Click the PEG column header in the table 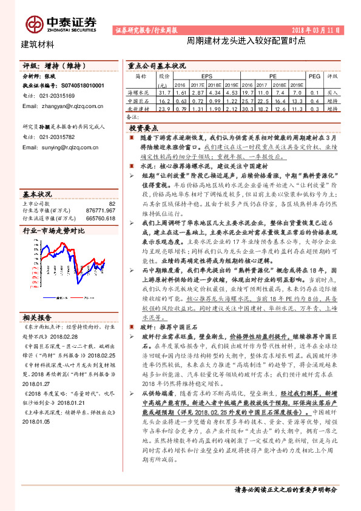click(314, 77)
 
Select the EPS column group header click(206, 77)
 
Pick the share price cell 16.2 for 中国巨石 click(163, 100)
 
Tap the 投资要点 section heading click(144, 128)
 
